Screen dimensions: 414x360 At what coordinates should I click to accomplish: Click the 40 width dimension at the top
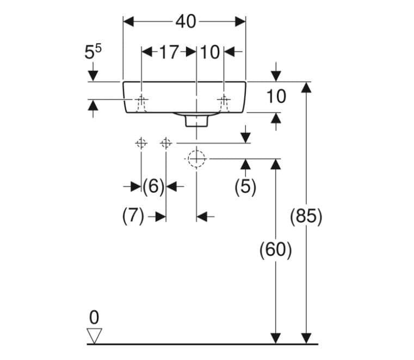pyautogui.click(x=186, y=22)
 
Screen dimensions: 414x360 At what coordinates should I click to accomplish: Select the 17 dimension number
pyautogui.click(x=170, y=52)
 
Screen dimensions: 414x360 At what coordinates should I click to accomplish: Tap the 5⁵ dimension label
pyautogui.click(x=92, y=52)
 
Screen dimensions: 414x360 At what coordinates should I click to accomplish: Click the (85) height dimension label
pyautogui.click(x=306, y=216)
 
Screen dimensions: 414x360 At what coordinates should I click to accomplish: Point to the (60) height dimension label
pyautogui.click(x=276, y=249)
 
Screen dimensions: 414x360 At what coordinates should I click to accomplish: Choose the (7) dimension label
pyautogui.click(x=133, y=216)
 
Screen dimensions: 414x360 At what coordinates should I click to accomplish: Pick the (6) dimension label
pyautogui.click(x=153, y=186)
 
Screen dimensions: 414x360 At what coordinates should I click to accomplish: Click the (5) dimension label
pyautogui.click(x=245, y=187)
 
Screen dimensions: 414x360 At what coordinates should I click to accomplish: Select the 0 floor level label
pyautogui.click(x=94, y=318)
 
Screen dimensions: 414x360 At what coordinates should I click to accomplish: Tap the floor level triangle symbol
pyautogui.click(x=94, y=336)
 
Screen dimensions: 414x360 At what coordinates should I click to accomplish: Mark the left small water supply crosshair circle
pyautogui.click(x=141, y=144)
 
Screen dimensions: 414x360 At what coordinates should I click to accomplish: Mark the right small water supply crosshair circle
pyautogui.click(x=166, y=144)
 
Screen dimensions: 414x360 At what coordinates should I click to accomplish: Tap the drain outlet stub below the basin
pyautogui.click(x=196, y=121)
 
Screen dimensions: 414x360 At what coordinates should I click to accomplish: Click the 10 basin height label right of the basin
pyautogui.click(x=276, y=96)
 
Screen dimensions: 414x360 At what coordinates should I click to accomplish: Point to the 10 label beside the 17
pyautogui.click(x=210, y=52)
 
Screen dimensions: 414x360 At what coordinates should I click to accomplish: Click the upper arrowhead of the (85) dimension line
pyautogui.click(x=306, y=88)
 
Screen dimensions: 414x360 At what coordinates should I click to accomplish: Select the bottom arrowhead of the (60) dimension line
pyautogui.click(x=276, y=339)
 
